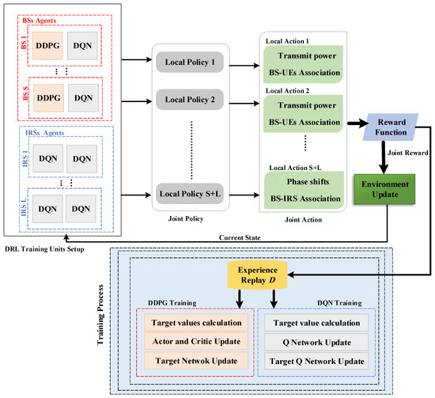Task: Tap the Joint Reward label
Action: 405,155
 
